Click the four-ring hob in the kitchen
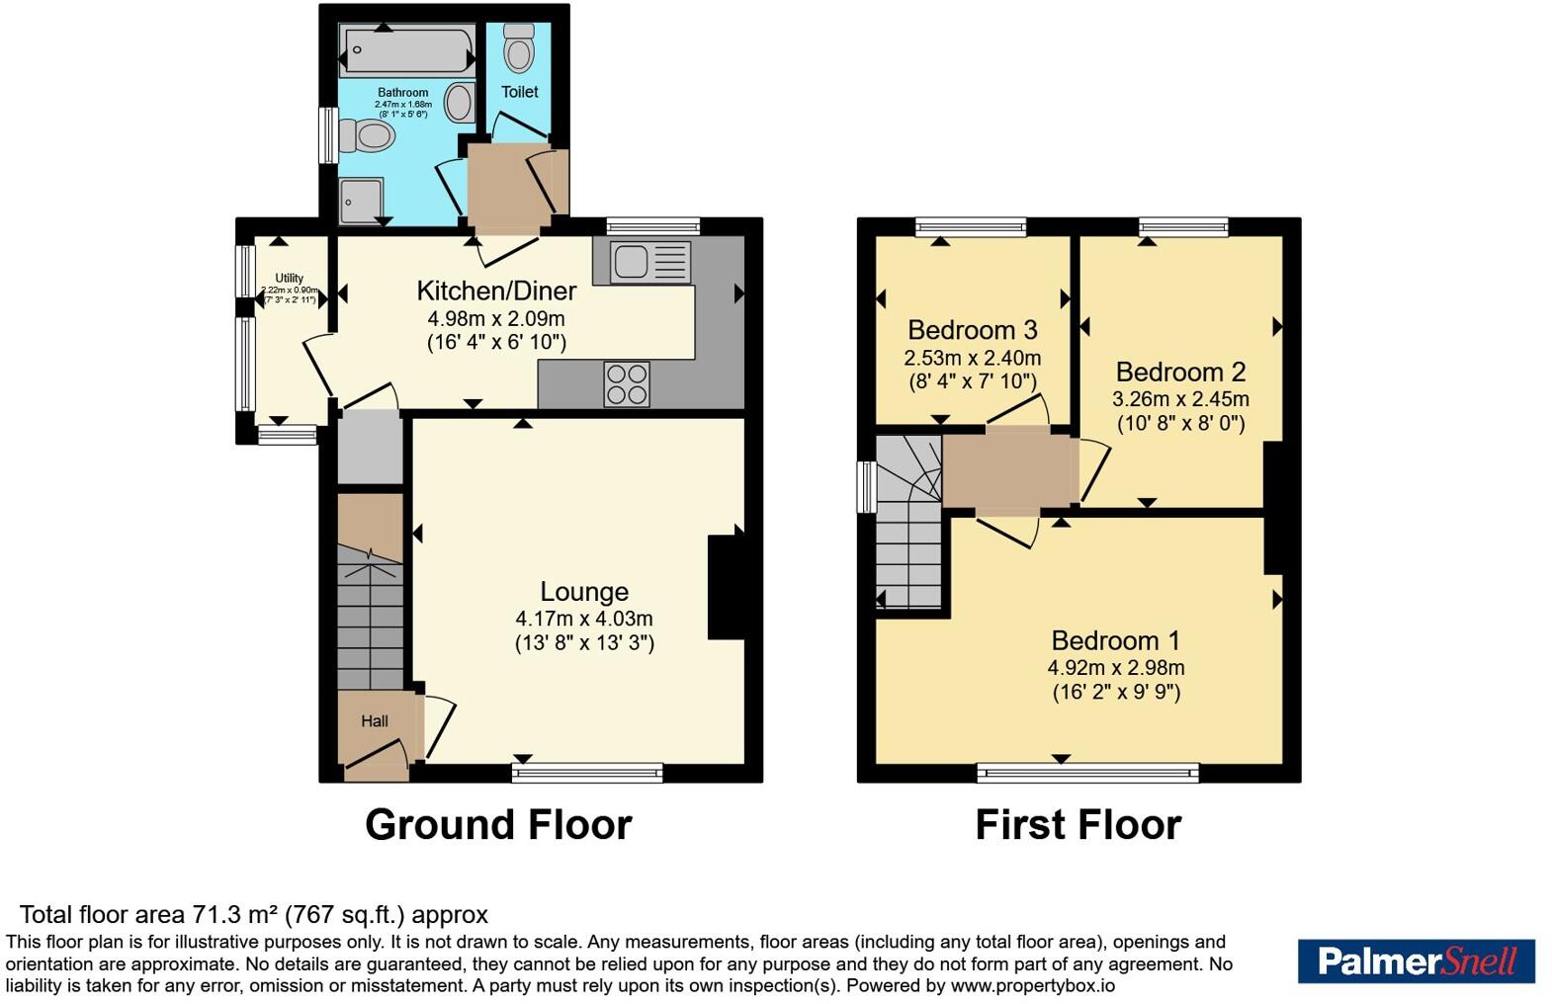click(x=627, y=384)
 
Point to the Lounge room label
click(x=584, y=592)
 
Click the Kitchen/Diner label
click(x=496, y=291)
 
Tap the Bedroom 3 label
click(x=972, y=330)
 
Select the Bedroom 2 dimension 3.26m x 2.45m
click(x=1180, y=400)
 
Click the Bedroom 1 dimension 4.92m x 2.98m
click(x=1116, y=668)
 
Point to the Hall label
click(x=374, y=721)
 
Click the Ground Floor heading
click(x=498, y=825)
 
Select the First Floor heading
click(x=1078, y=825)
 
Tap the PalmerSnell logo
click(x=1416, y=962)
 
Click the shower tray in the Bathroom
click(x=361, y=201)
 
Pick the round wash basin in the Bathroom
click(x=459, y=102)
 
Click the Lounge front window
click(x=587, y=773)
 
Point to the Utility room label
click(x=289, y=279)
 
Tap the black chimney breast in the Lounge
click(x=726, y=587)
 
